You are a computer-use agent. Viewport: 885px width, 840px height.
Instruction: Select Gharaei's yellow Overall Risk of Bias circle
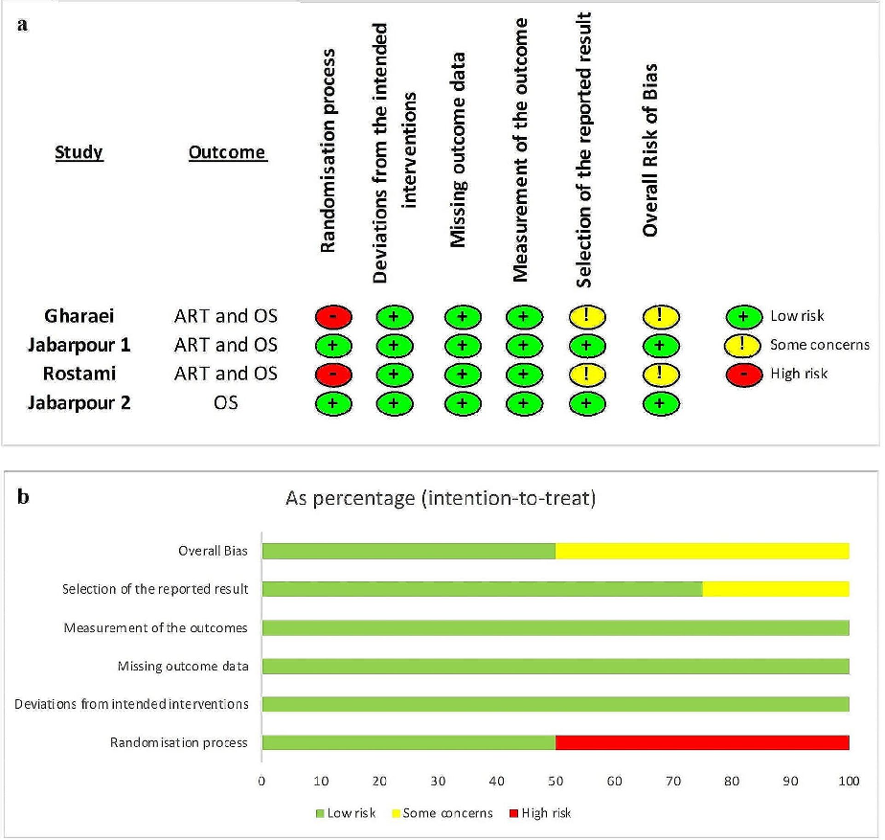point(660,316)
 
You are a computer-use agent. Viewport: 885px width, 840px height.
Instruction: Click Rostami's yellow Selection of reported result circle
point(587,374)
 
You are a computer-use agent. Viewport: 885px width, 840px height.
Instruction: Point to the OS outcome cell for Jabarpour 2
point(226,403)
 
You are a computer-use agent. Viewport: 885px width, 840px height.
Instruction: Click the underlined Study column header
point(79,152)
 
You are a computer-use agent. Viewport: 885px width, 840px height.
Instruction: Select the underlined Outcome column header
point(227,152)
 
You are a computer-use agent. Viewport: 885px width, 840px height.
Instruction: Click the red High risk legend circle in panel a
point(743,374)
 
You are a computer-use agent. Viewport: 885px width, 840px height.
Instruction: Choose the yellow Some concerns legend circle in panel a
point(743,345)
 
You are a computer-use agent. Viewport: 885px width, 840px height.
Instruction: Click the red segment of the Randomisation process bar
point(701,742)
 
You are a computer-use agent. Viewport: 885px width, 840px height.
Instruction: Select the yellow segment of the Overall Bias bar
point(701,551)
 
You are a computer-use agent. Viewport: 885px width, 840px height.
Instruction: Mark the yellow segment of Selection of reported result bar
point(775,589)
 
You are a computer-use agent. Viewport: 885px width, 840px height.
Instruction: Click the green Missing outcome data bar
point(556,666)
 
